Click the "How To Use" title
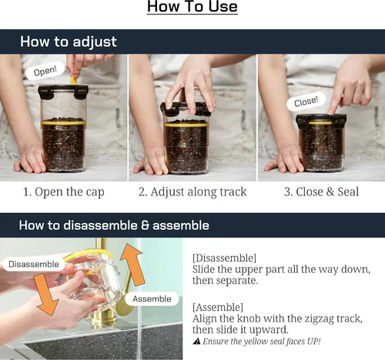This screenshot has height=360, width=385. (192, 6)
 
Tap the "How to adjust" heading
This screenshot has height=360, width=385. (69, 42)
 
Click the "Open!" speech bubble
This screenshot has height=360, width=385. (45, 71)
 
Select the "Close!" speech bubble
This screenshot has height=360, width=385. (306, 102)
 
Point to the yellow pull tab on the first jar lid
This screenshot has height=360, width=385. (74, 80)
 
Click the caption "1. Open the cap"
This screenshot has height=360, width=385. (64, 192)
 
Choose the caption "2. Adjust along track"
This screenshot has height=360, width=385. (192, 192)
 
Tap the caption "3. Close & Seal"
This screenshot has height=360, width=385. (321, 192)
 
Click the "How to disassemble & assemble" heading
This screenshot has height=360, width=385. (114, 225)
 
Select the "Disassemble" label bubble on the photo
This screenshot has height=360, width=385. (34, 264)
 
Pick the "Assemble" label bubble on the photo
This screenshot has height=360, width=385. (152, 298)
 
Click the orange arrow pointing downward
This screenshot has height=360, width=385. (45, 294)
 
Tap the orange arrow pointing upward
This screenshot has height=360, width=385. (132, 265)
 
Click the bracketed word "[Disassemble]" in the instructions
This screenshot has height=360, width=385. (224, 258)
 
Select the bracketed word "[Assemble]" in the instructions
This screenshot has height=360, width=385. (218, 307)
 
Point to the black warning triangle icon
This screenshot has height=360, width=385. (196, 342)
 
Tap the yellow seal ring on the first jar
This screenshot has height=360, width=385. (63, 122)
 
